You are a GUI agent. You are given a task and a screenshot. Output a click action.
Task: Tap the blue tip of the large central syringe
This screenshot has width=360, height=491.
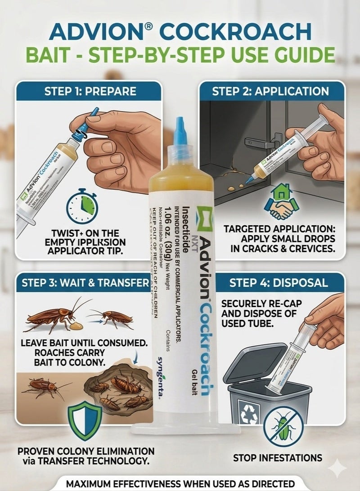pyautogui.click(x=180, y=131)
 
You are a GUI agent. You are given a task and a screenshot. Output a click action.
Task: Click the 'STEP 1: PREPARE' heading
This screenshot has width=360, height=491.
pyautogui.click(x=90, y=91)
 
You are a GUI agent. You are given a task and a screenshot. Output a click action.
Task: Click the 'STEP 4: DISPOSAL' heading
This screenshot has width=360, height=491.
pyautogui.click(x=278, y=283)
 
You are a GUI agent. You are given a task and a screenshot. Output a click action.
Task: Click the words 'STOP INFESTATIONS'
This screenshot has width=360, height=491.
pyautogui.click(x=277, y=458)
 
